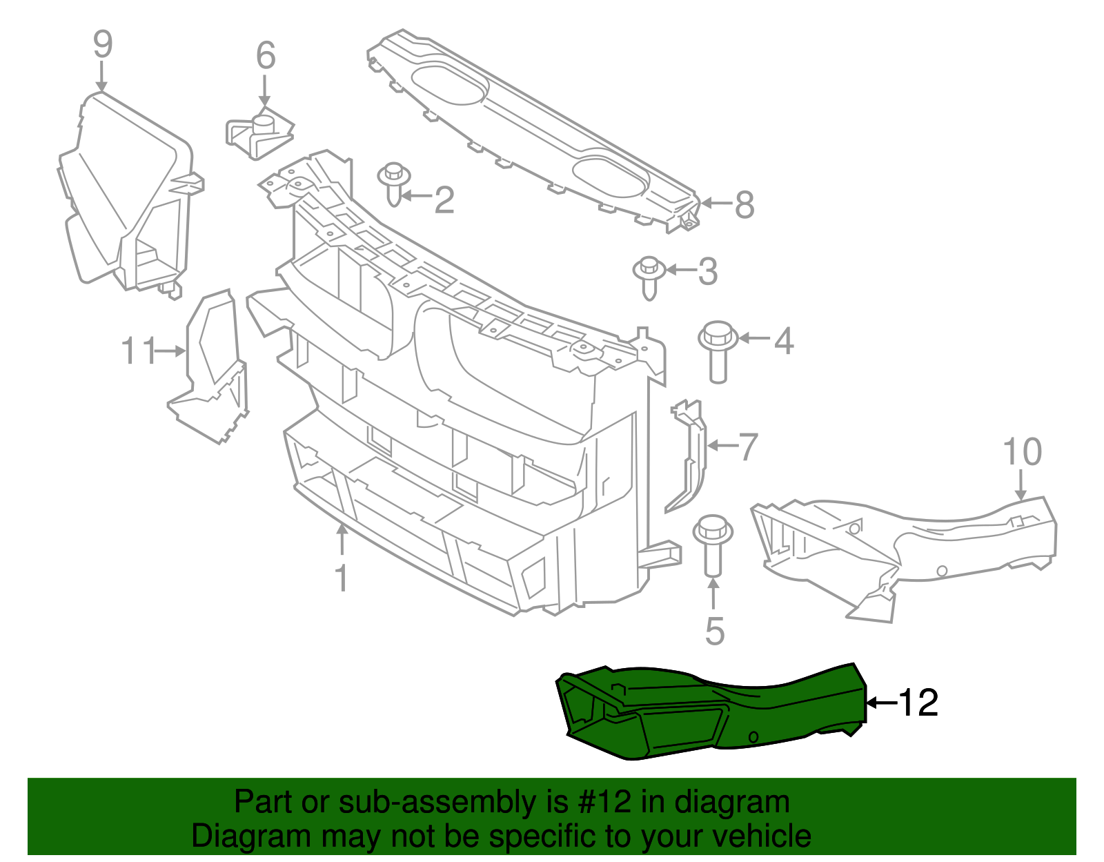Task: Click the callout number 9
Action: click(102, 45)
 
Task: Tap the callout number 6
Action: click(266, 56)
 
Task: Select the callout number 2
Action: click(444, 199)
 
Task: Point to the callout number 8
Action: click(745, 205)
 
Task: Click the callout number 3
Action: click(708, 272)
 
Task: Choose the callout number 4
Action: click(784, 341)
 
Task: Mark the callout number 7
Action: click(749, 447)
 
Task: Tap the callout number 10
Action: click(1022, 452)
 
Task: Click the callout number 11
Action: click(139, 351)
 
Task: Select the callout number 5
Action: click(715, 631)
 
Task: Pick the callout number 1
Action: click(342, 578)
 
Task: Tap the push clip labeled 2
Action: click(393, 183)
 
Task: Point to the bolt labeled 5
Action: click(712, 546)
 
